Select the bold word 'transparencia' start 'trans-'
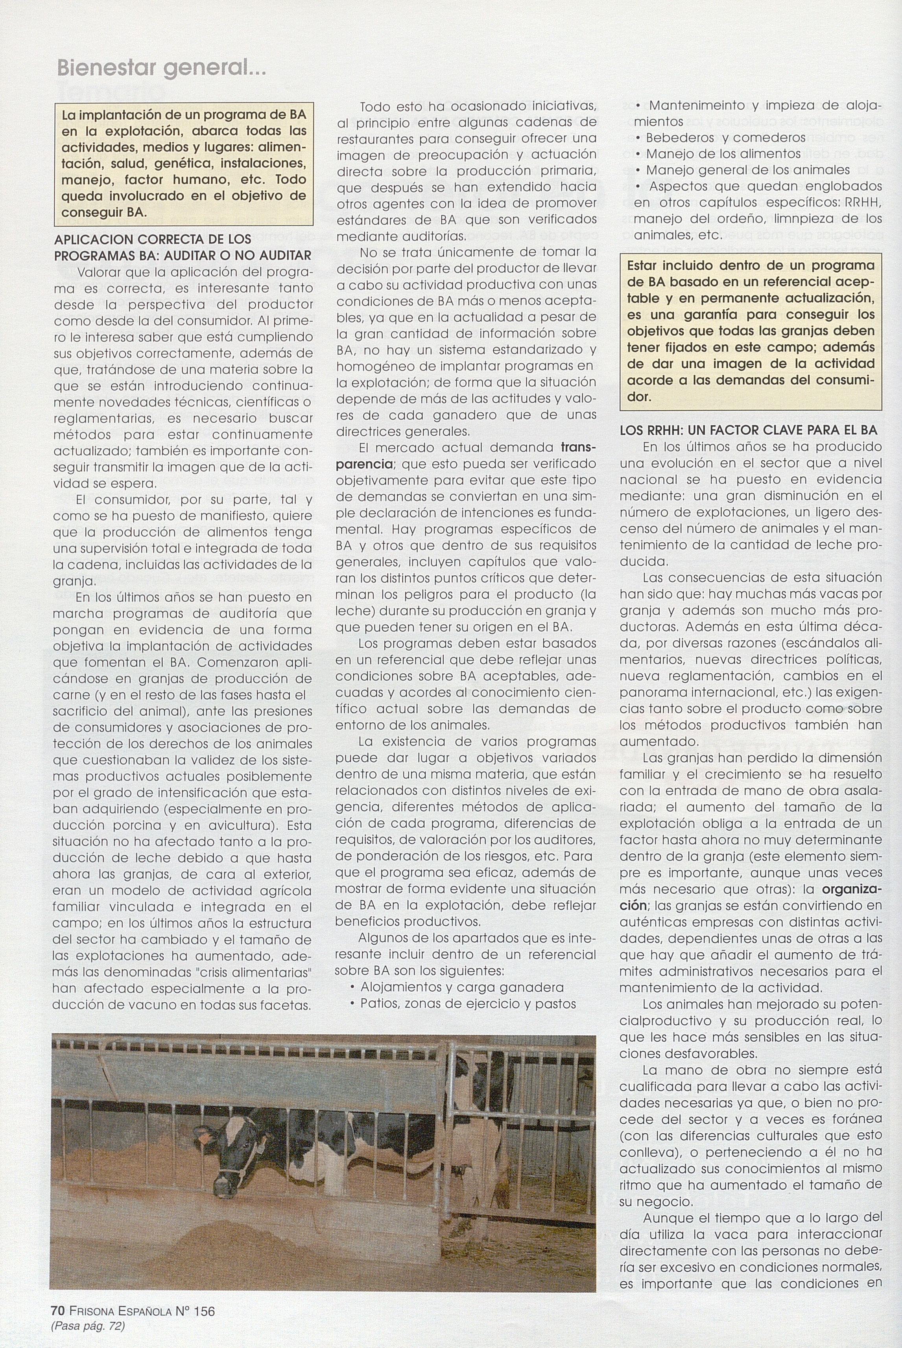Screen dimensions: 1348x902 click(x=579, y=447)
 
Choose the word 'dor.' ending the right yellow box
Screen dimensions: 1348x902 click(x=639, y=397)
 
